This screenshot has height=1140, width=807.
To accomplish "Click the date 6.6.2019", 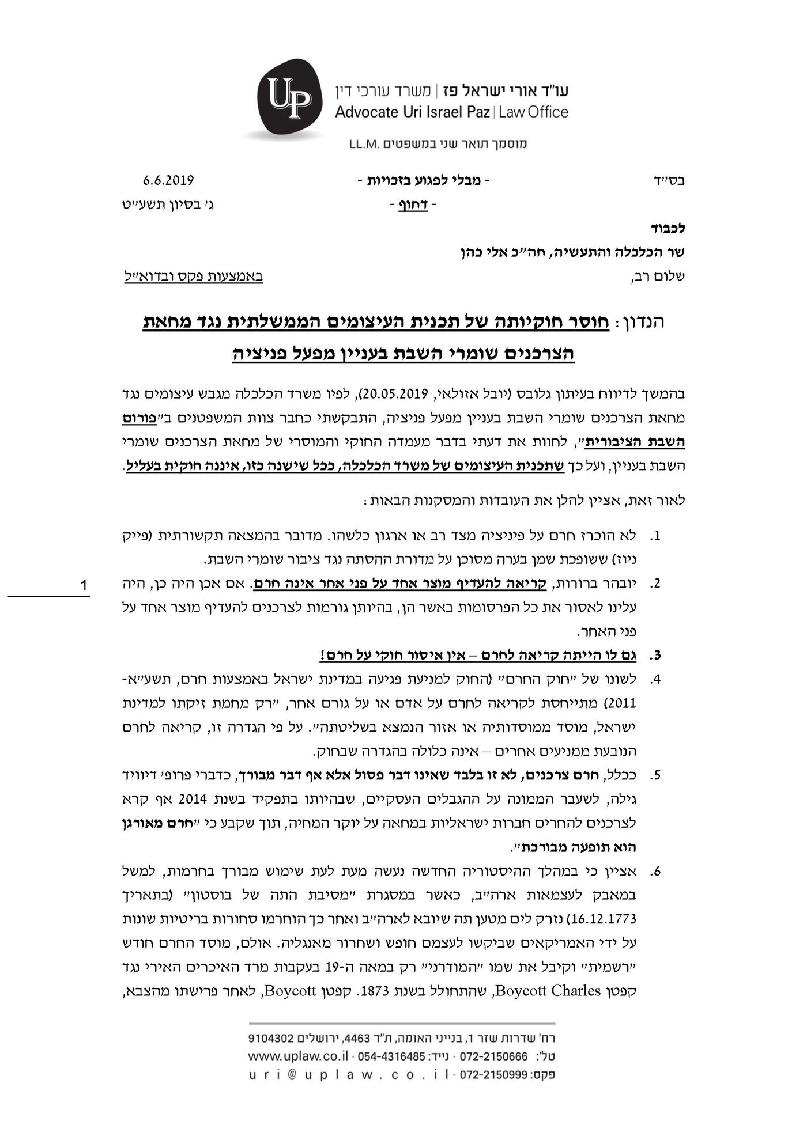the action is coord(168,180).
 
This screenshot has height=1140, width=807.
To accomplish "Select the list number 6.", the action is coord(655,872).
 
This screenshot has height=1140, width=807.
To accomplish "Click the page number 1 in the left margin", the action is coord(84,586).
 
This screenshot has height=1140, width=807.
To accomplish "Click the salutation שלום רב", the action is coord(662,277).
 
